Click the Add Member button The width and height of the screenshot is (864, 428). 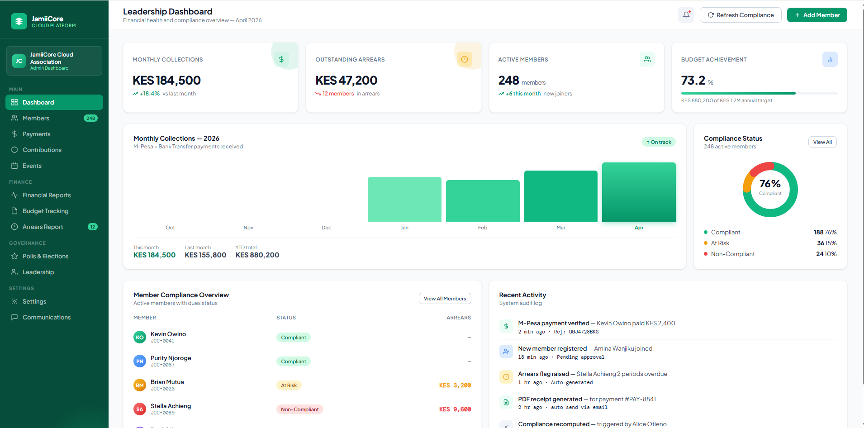point(817,15)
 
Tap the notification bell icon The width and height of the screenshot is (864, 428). point(686,15)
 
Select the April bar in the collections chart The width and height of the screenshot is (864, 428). point(639,192)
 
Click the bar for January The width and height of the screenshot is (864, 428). point(404,199)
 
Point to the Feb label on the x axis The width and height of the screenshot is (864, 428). point(483,228)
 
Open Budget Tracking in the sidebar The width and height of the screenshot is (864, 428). point(45,211)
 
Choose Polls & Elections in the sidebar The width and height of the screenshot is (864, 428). point(45,256)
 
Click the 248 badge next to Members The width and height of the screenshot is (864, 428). point(90,118)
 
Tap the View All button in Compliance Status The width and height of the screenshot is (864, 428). point(822,142)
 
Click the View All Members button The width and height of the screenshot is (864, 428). point(445,299)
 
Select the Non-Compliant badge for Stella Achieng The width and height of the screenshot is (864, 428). point(299,409)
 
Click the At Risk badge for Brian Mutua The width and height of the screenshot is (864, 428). point(289,385)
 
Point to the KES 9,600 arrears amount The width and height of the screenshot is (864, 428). point(455,409)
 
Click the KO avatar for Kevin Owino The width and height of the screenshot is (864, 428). point(140,337)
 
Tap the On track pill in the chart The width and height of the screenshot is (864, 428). point(659,142)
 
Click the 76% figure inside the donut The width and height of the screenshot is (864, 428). point(770,184)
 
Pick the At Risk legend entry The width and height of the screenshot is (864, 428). point(720,243)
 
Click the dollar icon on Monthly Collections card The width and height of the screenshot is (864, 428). point(281,59)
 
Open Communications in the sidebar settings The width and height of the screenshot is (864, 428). point(47,317)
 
